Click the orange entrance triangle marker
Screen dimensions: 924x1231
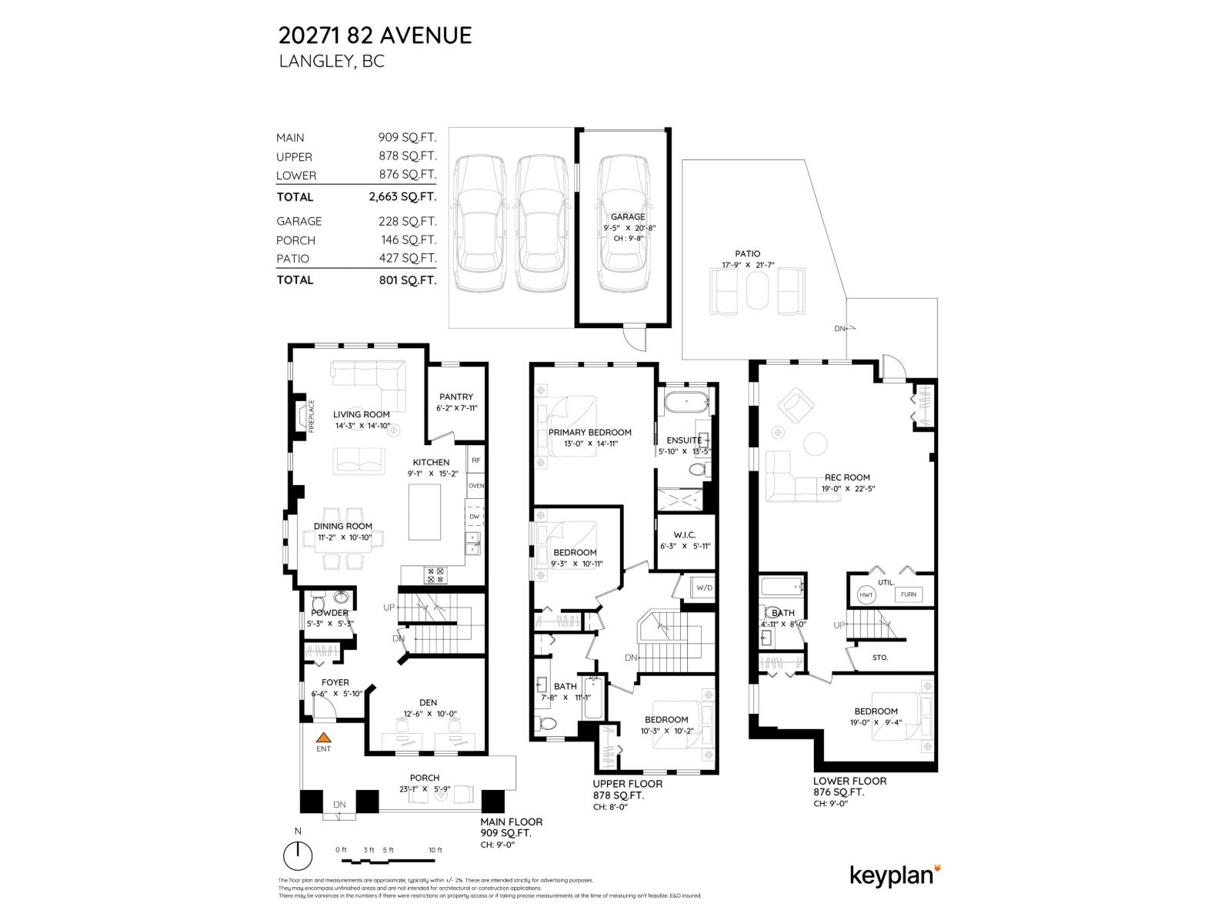(x=324, y=737)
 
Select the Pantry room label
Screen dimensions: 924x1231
(x=456, y=397)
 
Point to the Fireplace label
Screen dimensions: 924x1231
(x=312, y=417)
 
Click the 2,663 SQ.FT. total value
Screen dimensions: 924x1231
(x=402, y=196)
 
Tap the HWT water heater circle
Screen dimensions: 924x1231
(x=866, y=594)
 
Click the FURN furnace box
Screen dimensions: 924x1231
(x=908, y=594)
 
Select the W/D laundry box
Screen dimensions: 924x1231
(x=704, y=588)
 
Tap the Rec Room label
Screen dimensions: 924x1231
(x=847, y=477)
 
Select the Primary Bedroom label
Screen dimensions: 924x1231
(x=589, y=432)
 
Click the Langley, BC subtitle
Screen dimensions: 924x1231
(x=331, y=62)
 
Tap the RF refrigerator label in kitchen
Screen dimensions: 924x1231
(x=475, y=460)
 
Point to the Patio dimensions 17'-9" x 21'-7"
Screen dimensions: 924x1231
(x=747, y=265)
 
